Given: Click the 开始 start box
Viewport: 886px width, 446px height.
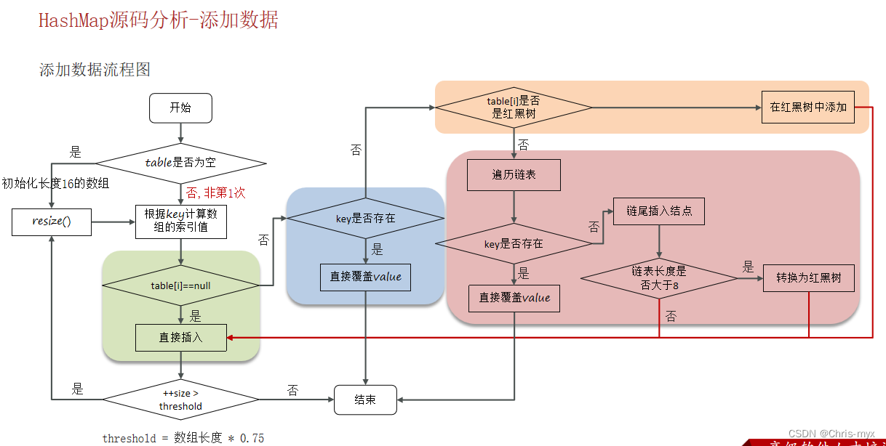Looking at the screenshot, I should (180, 108).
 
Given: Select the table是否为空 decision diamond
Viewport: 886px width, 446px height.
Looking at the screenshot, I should (181, 163).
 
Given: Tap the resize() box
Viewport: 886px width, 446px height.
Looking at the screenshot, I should (52, 222).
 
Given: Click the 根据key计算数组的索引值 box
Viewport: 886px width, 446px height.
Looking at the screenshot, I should (181, 222).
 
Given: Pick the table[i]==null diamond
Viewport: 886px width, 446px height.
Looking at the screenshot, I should (181, 285).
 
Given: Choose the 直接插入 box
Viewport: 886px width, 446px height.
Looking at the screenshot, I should (181, 337).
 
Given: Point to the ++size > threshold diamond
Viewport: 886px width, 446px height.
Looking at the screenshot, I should (181, 399).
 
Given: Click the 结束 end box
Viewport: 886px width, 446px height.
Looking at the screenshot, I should (365, 400).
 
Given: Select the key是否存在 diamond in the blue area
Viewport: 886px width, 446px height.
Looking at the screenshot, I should (365, 218).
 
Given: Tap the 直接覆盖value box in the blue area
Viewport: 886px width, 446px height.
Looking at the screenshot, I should (365, 277).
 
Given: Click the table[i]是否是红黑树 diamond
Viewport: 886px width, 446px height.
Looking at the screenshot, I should (514, 108).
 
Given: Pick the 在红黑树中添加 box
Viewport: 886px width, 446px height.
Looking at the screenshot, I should (807, 107).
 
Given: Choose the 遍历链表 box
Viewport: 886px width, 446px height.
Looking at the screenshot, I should (514, 175).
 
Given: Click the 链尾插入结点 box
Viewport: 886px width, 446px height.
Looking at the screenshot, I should (659, 211).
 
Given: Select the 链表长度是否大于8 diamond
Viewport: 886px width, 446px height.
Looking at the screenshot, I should (659, 277).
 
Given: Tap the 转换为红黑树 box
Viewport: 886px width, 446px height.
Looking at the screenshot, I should (808, 277).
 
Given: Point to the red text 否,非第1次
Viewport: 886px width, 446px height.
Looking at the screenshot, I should (217, 193).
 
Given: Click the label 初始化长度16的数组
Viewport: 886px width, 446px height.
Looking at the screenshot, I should (55, 183).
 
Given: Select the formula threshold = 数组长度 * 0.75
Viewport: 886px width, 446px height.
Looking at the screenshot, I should (183, 438).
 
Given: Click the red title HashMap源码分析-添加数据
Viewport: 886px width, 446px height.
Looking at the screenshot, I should (159, 20).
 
